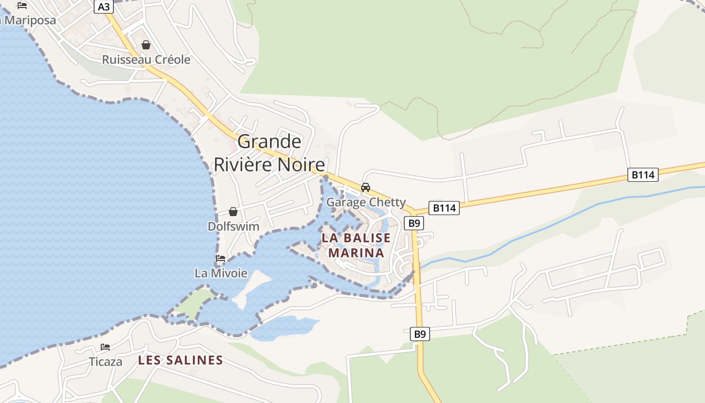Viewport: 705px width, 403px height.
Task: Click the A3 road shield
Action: click(103, 7)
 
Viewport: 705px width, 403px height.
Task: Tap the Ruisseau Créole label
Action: click(146, 59)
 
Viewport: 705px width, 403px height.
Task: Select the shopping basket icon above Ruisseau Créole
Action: click(146, 45)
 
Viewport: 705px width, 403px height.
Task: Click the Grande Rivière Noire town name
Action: click(269, 153)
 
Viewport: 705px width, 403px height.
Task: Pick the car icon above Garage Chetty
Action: click(366, 187)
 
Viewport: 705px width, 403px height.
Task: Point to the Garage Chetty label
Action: click(366, 202)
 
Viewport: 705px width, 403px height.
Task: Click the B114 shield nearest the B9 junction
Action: click(444, 208)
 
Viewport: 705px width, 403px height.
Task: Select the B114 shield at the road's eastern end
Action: click(644, 175)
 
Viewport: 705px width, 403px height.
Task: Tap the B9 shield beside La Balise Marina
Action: click(414, 223)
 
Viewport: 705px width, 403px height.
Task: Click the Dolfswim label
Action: click(233, 226)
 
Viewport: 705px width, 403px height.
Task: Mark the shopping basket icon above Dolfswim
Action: click(233, 212)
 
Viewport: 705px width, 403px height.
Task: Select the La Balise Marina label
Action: click(357, 245)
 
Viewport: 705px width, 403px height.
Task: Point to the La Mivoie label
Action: click(221, 273)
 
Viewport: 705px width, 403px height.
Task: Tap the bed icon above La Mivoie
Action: click(221, 258)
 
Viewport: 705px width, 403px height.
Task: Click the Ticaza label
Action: click(106, 361)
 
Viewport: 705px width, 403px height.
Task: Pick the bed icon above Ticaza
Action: click(105, 347)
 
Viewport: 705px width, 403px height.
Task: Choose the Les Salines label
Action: click(180, 360)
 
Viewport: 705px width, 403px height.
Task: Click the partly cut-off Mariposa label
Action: click(28, 21)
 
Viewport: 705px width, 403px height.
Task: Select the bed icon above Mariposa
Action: click(22, 6)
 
